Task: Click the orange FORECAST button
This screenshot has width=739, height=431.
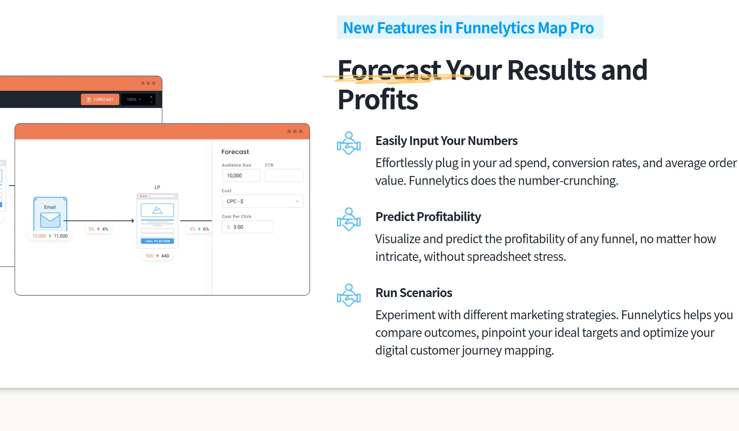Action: click(x=100, y=99)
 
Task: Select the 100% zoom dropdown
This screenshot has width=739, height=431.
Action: click(x=134, y=99)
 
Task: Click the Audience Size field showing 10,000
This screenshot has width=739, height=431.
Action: click(x=241, y=176)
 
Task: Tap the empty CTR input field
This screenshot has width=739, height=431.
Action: click(x=284, y=176)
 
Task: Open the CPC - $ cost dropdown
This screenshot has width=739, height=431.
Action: click(x=263, y=201)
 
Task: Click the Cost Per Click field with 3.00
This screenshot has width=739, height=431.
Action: click(x=248, y=227)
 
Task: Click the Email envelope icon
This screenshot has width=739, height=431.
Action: click(x=50, y=220)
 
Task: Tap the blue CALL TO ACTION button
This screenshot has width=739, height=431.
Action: click(x=157, y=241)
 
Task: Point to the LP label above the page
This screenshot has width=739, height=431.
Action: click(x=157, y=187)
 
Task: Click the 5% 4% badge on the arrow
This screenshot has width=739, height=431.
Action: click(x=98, y=229)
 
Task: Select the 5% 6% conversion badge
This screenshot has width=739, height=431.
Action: click(x=199, y=229)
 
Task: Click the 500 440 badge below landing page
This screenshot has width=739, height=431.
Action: click(x=157, y=256)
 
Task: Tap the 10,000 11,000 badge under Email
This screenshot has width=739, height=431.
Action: click(x=50, y=236)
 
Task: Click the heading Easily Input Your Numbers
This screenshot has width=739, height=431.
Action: click(x=446, y=141)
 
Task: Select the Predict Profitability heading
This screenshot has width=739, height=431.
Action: click(x=428, y=217)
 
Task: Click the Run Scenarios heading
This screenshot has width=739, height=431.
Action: click(x=414, y=293)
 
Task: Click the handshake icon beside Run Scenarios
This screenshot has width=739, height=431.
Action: click(x=349, y=295)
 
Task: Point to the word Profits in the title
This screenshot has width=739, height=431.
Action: click(x=378, y=100)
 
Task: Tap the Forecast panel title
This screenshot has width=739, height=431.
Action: click(x=235, y=152)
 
